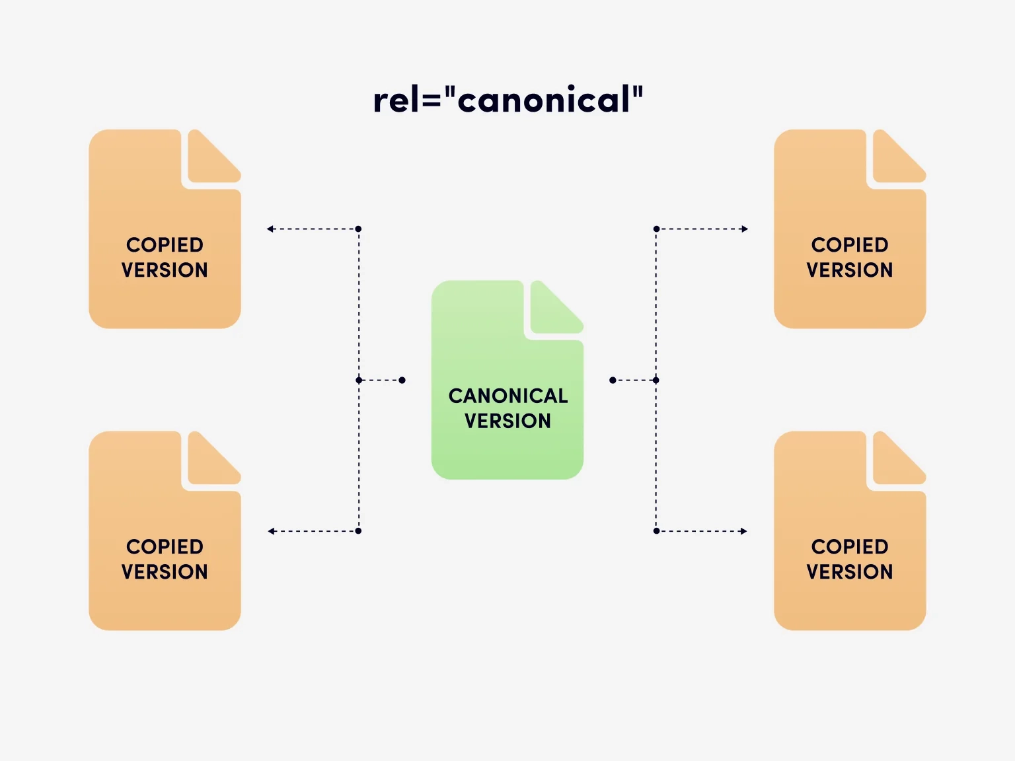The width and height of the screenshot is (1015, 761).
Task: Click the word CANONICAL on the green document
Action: (507, 396)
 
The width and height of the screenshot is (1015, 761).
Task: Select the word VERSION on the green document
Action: (507, 421)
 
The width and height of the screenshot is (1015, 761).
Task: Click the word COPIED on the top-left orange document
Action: (165, 245)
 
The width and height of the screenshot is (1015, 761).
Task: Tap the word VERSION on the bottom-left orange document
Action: (165, 571)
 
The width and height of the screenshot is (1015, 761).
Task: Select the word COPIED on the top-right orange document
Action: (850, 245)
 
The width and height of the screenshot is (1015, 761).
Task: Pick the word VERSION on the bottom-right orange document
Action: (850, 571)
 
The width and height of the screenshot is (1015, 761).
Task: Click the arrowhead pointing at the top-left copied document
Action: (270, 229)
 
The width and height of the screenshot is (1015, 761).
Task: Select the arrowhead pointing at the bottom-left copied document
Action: (272, 531)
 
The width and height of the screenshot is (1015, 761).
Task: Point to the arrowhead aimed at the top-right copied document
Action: (744, 229)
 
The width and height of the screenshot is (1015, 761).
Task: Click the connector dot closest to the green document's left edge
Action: (402, 380)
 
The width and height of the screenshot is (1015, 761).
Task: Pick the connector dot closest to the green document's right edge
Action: (613, 380)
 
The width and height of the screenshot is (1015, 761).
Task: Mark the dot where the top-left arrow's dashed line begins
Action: (358, 229)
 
